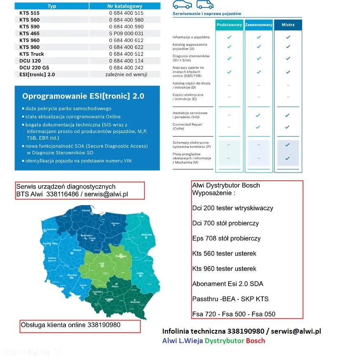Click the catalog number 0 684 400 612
[x=126, y=40]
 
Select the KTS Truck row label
[x=32, y=54]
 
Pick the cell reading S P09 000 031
[x=126, y=33]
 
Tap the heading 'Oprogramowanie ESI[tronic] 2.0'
[x=83, y=96]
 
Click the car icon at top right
[x=182, y=5]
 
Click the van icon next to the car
[x=205, y=5]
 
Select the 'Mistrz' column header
[x=288, y=25]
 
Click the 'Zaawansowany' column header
[x=259, y=25]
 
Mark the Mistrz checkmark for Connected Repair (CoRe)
[x=288, y=127]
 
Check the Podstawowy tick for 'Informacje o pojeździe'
[x=229, y=37]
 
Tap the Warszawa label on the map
[x=120, y=256]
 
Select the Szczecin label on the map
[x=51, y=229]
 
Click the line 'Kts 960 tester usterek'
[x=224, y=269]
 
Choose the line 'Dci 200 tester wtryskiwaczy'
[x=233, y=208]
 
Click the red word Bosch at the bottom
[x=255, y=341]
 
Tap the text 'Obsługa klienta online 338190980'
[x=70, y=325]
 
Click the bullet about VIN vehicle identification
[x=78, y=161]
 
